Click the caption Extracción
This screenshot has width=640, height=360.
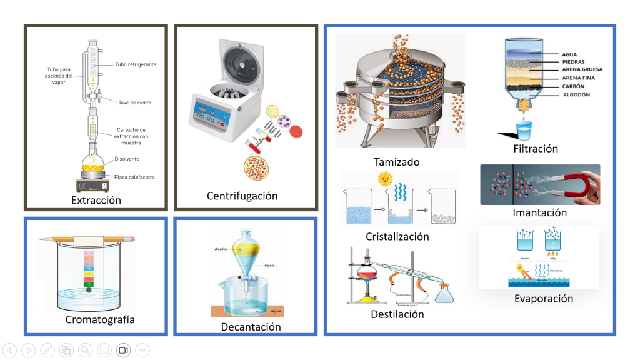(x=96, y=201)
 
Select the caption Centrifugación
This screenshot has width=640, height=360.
(x=242, y=196)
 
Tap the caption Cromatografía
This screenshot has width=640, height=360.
(x=100, y=320)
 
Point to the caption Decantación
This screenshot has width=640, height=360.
(x=251, y=327)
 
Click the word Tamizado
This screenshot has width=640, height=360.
(x=396, y=162)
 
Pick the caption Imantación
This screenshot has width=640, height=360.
(x=539, y=212)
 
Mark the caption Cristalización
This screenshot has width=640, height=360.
(x=397, y=237)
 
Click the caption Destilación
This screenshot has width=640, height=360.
(x=397, y=314)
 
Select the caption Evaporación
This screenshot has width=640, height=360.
(x=543, y=299)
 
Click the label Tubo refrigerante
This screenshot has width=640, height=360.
(x=136, y=64)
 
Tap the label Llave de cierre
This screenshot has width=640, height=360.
(x=133, y=102)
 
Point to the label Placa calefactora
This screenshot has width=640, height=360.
(x=134, y=177)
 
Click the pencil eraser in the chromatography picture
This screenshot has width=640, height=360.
(x=131, y=239)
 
